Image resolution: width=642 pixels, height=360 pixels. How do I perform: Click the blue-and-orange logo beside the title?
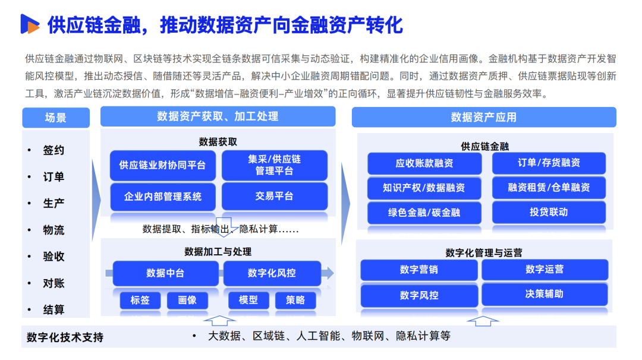coord(29,24)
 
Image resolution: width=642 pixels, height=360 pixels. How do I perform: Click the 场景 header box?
coord(55,118)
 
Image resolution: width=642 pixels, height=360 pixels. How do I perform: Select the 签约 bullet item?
coord(53,150)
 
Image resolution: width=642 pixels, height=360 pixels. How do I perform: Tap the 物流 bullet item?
coord(53,230)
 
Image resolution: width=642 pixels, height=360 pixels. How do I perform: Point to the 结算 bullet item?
coord(53,310)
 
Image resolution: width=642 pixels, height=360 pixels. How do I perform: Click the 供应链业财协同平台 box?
coord(162,165)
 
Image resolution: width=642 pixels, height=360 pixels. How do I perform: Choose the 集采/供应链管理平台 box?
coord(274,165)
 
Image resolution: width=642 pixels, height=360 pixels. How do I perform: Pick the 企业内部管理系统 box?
coord(162,196)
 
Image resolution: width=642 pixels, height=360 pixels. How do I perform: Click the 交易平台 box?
coord(274,196)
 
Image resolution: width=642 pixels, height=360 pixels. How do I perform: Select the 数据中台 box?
coord(165,273)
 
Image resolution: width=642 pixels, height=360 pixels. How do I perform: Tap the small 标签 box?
coord(140,300)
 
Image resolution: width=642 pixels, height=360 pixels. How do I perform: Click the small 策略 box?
coord(295,300)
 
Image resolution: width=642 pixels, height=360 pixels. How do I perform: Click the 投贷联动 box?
coord(548,212)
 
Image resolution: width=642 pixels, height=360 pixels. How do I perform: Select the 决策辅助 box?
coord(544,294)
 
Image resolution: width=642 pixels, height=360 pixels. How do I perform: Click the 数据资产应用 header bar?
coord(483,117)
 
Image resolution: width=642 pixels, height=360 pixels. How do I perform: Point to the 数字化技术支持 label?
coord(65,337)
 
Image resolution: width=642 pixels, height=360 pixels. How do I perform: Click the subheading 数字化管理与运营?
coord(483,253)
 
